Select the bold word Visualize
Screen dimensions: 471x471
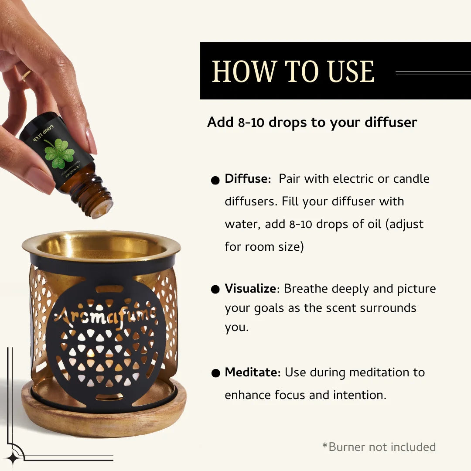(x=250, y=289)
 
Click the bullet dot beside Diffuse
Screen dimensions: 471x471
(x=215, y=181)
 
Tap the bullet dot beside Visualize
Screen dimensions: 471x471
(x=215, y=290)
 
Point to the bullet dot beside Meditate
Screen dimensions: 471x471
(x=215, y=373)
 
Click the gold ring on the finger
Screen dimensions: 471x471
(x=27, y=75)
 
